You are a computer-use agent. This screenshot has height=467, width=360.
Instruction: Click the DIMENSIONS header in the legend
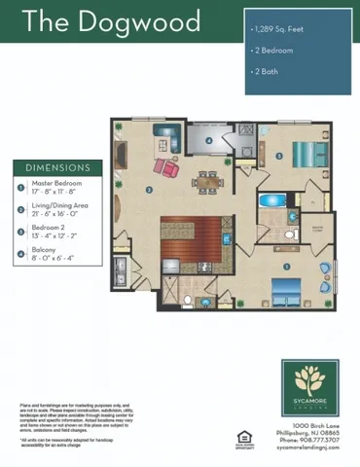click(57, 167)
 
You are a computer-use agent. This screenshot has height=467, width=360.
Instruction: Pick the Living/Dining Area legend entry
click(60, 209)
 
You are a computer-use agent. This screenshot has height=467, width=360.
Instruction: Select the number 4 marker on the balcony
click(209, 140)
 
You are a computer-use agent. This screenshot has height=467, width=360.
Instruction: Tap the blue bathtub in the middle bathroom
click(270, 205)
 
